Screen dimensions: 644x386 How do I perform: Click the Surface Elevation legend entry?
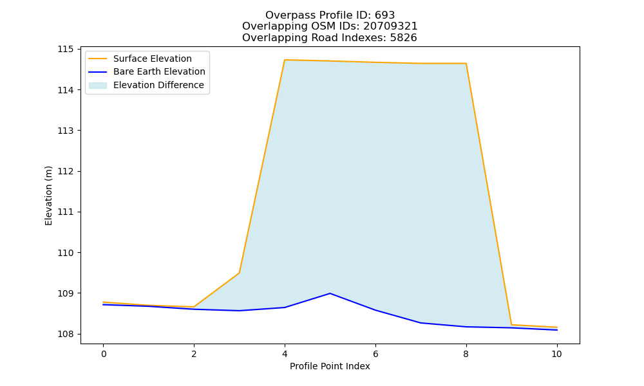[x=140, y=59]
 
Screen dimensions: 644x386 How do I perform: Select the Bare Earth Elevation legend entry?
[x=147, y=72]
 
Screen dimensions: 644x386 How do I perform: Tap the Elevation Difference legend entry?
[x=146, y=85]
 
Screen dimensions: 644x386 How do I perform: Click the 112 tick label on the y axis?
[x=65, y=172]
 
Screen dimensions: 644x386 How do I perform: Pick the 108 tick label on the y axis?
[x=65, y=335]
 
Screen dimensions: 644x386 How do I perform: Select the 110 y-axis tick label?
[x=65, y=253]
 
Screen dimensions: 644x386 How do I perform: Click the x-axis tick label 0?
[x=104, y=354]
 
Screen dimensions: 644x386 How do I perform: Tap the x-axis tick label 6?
[x=375, y=354]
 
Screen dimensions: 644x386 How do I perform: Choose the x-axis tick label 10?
[x=556, y=354]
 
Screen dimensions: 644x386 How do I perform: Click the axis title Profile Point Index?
[x=330, y=366]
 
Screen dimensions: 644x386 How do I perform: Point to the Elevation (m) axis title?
[x=48, y=196]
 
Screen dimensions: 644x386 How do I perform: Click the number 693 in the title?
[x=385, y=15]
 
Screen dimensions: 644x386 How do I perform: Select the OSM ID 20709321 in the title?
[x=390, y=26]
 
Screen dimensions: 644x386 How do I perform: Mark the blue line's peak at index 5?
[x=330, y=293]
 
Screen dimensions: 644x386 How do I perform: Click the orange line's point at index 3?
[x=239, y=273]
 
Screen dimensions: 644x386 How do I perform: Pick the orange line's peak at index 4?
[x=285, y=60]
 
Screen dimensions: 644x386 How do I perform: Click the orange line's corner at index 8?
[x=466, y=64]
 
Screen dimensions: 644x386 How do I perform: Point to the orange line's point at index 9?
[x=511, y=325]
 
